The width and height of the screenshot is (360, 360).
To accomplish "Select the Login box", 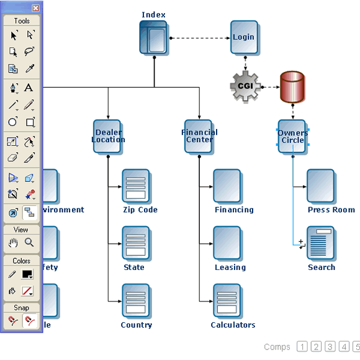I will point(244,37).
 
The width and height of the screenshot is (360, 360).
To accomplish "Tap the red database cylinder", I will point(292,87).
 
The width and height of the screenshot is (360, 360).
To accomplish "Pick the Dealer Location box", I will point(108,137).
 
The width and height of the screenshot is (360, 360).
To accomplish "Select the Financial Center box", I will point(199,137).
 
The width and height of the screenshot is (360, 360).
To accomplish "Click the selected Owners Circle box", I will point(292,137).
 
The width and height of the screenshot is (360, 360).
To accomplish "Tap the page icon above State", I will point(136,243).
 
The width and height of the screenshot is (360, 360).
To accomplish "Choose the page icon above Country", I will point(136,301).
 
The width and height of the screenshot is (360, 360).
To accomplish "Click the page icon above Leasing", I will point(227,243).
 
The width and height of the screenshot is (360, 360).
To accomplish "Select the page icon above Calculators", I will point(227,301).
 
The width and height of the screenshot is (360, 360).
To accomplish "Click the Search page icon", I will point(321,243).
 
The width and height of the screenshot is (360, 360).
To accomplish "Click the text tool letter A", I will point(29,88).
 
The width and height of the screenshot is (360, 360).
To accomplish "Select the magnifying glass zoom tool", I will point(29,243).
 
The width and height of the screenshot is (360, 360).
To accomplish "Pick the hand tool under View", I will point(13,243).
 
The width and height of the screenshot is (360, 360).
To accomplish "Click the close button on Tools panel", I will point(35,8).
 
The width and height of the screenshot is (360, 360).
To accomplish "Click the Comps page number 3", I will point(330,347).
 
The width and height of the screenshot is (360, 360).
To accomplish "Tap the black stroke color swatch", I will point(27,274).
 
